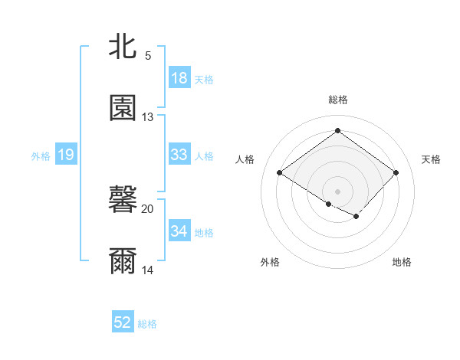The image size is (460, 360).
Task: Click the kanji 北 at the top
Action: tap(123, 47)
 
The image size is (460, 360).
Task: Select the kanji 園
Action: tap(123, 108)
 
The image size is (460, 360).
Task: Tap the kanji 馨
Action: tap(123, 201)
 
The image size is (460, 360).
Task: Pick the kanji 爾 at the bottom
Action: tap(123, 262)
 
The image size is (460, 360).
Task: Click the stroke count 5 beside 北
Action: tap(148, 56)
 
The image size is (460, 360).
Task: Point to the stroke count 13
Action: tap(148, 116)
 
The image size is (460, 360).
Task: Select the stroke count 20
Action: tap(148, 209)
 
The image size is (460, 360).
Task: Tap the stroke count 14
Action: tap(148, 270)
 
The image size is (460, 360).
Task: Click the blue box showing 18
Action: tap(179, 78)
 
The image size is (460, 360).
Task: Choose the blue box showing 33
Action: tap(179, 155)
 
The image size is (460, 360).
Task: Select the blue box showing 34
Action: tap(179, 231)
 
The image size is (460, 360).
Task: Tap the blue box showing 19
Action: tap(65, 155)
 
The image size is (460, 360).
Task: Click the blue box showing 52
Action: tap(123, 323)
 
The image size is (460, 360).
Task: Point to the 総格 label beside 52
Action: tap(147, 324)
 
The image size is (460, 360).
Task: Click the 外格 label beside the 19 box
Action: tap(41, 155)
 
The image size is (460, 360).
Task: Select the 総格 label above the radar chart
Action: tap(337, 100)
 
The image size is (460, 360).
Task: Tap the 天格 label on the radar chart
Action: tap(432, 159)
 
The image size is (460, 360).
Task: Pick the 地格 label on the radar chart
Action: tap(402, 262)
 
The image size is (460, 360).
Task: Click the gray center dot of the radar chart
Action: tap(337, 190)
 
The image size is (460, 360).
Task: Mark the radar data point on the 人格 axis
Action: tap(280, 172)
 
